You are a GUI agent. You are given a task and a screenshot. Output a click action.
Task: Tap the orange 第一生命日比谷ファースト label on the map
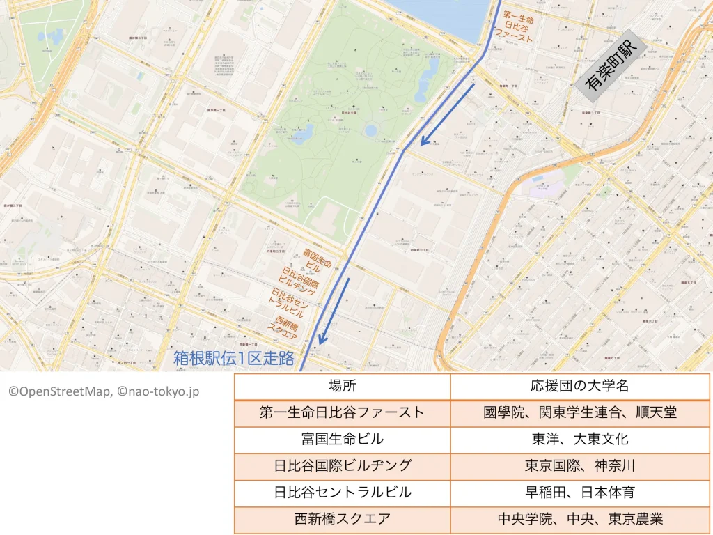pos(518,27)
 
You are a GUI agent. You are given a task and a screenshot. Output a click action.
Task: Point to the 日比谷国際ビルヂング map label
pos(299,281)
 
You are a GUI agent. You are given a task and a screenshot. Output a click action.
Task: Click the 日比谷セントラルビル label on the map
pos(290,302)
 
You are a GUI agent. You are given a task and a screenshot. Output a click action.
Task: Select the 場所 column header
pos(342,386)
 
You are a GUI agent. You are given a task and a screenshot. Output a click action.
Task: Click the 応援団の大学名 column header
pos(580,386)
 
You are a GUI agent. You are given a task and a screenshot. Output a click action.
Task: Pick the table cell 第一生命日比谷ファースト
pos(342,412)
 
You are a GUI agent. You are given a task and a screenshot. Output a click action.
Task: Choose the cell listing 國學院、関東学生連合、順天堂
pos(580,412)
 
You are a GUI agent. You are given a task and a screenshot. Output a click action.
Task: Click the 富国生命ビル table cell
pos(342,439)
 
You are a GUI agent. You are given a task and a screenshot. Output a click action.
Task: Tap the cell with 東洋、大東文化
pos(580,439)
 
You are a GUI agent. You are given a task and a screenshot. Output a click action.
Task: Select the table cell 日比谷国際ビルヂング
pos(342,465)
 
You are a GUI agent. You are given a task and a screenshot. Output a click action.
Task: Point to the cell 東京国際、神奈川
pos(580,465)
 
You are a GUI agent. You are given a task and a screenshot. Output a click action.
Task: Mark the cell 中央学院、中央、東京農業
pos(580,519)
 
